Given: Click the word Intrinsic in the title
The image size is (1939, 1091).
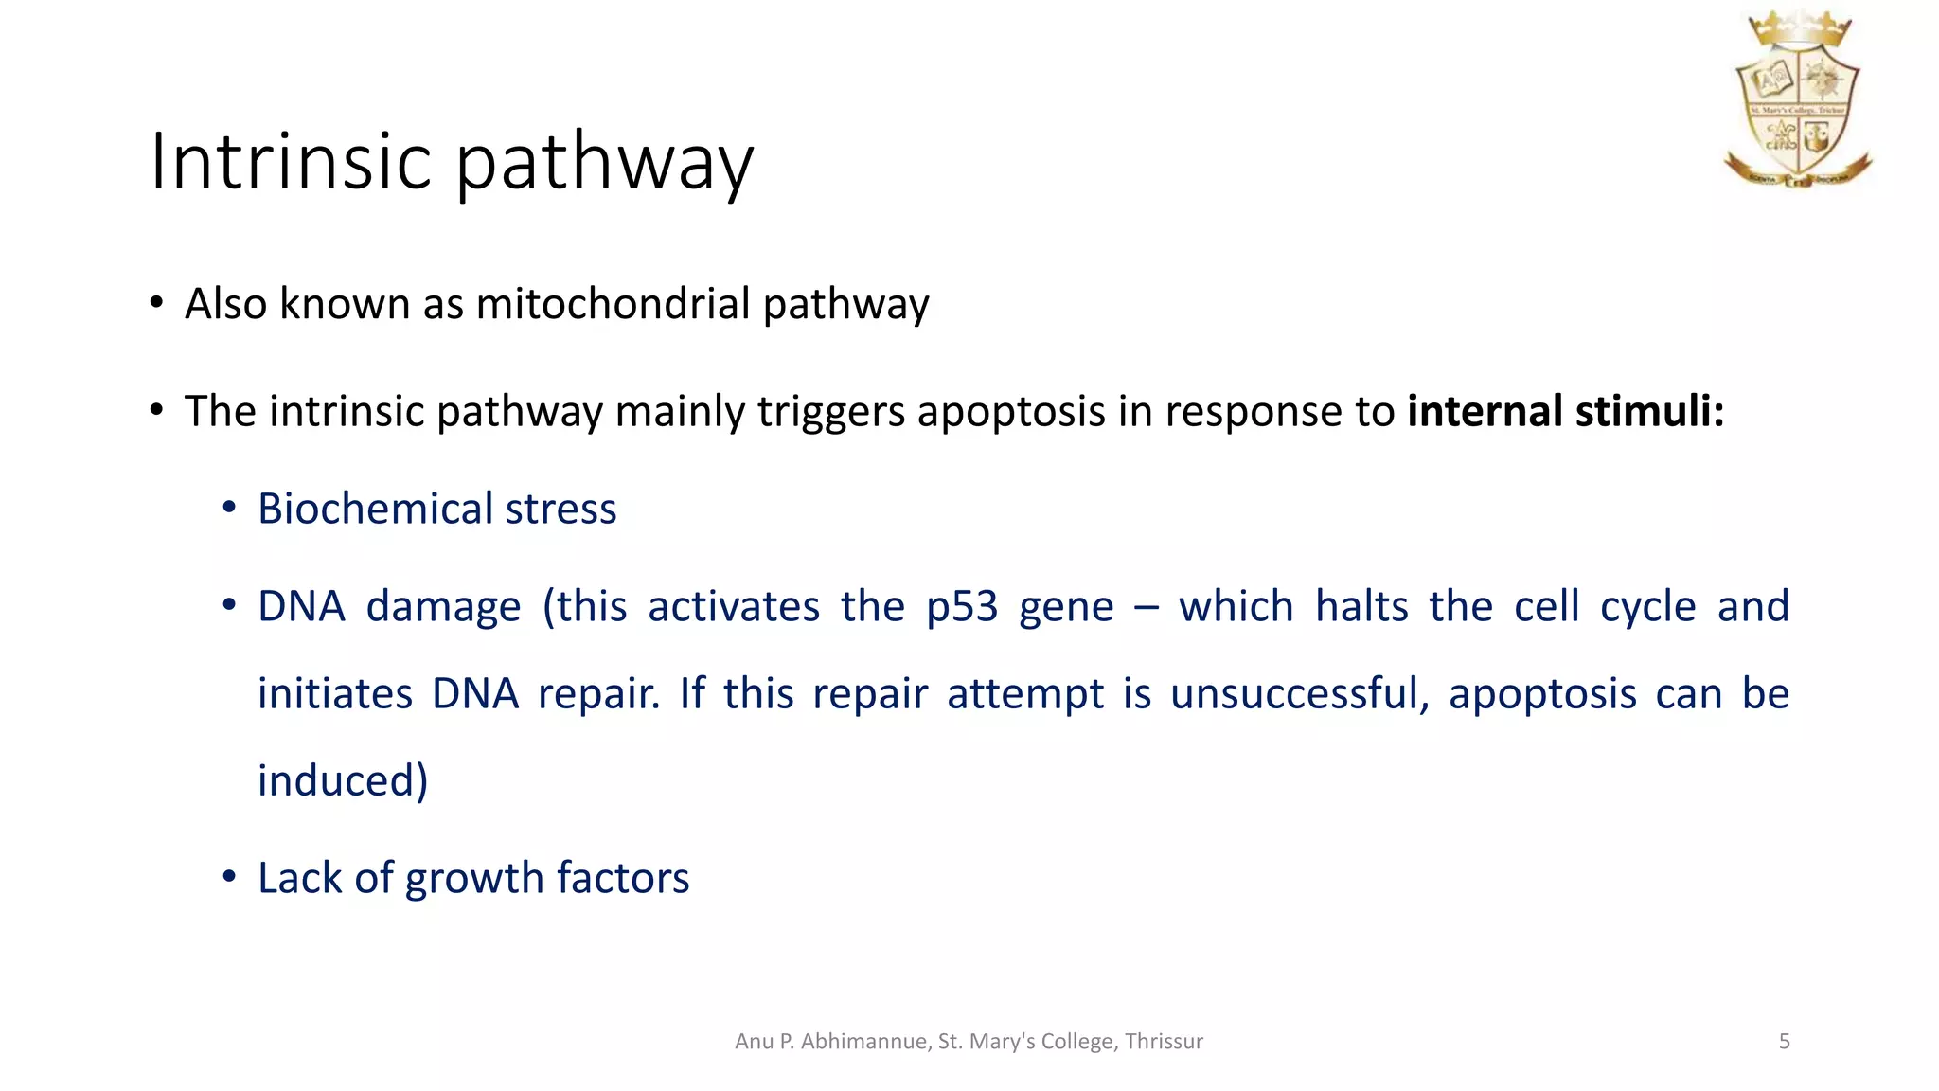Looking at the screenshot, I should pos(291,161).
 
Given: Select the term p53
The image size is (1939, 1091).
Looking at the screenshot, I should pos(962,607).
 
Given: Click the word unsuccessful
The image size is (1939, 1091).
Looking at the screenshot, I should pos(1298,694).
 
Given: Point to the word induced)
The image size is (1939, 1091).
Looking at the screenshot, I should pos(343,781).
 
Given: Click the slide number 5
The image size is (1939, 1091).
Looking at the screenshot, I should pos(1784,1042).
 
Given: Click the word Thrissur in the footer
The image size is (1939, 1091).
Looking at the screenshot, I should pos(1164,1042).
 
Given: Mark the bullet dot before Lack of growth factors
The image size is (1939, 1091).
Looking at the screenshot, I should pos(228,878).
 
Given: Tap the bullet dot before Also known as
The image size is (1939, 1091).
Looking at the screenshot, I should pos(156,304).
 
